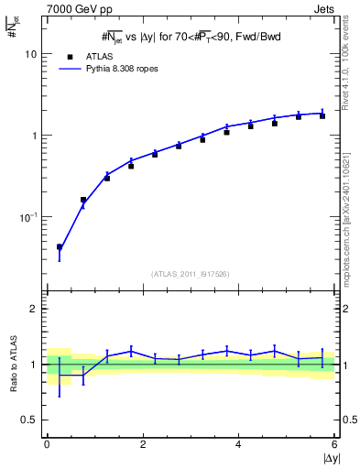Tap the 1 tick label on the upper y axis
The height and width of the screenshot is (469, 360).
click(34, 136)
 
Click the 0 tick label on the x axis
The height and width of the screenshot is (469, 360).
click(47, 444)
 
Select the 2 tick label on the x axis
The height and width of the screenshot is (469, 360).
click(143, 444)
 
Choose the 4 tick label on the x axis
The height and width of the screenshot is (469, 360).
click(238, 444)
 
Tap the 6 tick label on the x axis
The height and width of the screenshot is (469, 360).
click(333, 444)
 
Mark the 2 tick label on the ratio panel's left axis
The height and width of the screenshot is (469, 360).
click(34, 309)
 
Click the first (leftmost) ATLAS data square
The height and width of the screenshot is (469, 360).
click(60, 246)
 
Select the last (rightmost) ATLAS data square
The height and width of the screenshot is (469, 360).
click(322, 115)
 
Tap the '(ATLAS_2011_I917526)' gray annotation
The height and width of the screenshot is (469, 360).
click(190, 274)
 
